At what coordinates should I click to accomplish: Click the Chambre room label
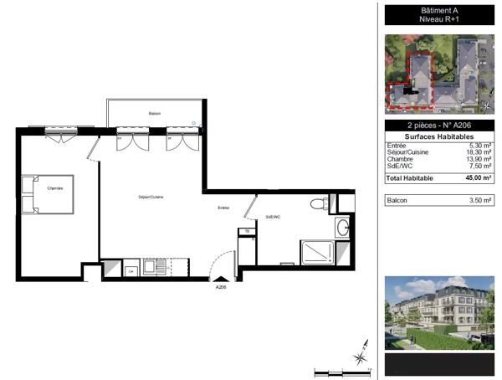coord(55,188)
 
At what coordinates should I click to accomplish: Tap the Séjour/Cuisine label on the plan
coord(151,196)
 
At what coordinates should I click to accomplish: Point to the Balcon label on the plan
coord(155,114)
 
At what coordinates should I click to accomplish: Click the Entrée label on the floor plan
coord(223,208)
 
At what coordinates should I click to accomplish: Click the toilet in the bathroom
coord(319,203)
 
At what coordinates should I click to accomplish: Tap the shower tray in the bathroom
coord(317,251)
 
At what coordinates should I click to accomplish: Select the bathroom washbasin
coord(344,228)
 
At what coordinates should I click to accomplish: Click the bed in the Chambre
coord(48,194)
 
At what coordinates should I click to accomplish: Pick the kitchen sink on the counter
coord(155,268)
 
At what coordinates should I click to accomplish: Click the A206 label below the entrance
coord(221,287)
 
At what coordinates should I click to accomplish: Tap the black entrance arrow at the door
coord(221,279)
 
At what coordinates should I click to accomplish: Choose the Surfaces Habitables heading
coord(439,136)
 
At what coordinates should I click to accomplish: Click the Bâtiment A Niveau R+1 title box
coord(439,14)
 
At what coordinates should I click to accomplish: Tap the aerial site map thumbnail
coord(439,74)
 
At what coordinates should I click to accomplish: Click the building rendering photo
coord(439,311)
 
